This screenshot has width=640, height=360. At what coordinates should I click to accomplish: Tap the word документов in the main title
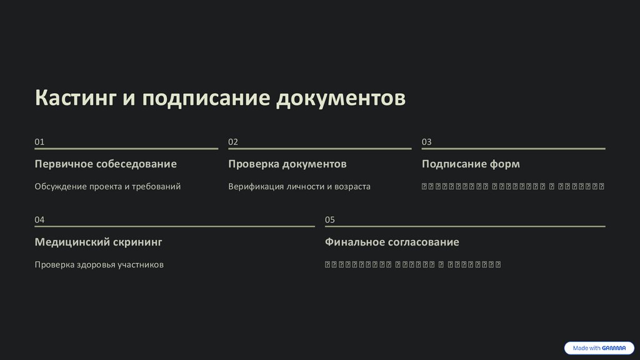[341, 99]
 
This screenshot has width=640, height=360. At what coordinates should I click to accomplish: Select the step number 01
[39, 142]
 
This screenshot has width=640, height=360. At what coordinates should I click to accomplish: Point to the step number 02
[233, 142]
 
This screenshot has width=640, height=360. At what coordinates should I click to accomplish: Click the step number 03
[427, 142]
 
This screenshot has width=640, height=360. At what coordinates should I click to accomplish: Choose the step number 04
[39, 220]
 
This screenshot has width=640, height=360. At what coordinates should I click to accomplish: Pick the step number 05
[330, 220]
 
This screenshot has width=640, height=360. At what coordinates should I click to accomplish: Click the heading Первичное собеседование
[106, 164]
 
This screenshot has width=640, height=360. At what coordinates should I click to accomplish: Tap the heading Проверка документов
[287, 164]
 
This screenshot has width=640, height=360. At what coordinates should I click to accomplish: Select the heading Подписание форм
[471, 164]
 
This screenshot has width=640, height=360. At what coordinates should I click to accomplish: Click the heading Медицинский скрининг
[98, 242]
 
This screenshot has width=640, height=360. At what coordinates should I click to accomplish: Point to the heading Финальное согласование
[392, 242]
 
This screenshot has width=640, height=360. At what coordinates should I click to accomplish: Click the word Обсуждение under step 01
[61, 186]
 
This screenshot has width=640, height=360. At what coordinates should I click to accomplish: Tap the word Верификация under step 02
[256, 186]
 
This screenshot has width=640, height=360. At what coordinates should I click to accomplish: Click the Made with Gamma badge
[599, 348]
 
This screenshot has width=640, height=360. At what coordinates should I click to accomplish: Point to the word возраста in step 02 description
[352, 186]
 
